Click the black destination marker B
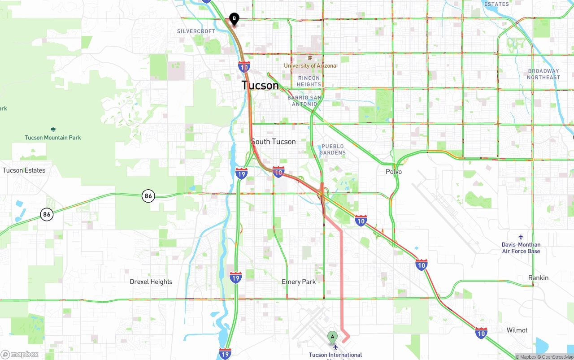[x=234, y=18]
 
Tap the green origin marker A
[x=332, y=337]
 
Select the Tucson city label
[x=260, y=85]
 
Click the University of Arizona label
[x=310, y=65]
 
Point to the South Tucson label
[x=273, y=142]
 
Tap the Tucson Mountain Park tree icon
[x=53, y=130]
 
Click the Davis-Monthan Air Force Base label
[x=521, y=248]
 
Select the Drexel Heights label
[x=151, y=282]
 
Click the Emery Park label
[x=299, y=282]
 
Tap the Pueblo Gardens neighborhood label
[x=333, y=149]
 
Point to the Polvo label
[x=394, y=172]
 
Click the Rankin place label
[x=538, y=278]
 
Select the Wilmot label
[x=517, y=330]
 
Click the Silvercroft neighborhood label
[x=196, y=31]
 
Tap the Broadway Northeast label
[x=544, y=74]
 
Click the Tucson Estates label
[x=24, y=170]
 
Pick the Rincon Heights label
[x=309, y=81]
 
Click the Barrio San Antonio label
[x=304, y=101]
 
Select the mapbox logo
[x=20, y=354]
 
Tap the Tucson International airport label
[x=335, y=355]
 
